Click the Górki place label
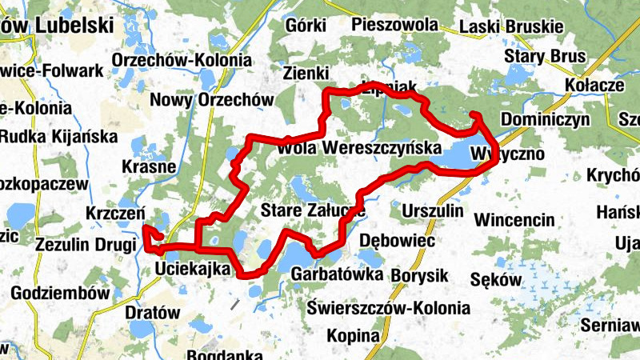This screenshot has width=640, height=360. click(309, 24)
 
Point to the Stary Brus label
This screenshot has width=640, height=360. click(546, 57)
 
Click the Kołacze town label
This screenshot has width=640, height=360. click(594, 86)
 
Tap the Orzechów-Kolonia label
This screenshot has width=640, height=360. click(182, 61)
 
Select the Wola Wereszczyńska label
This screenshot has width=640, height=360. click(359, 148)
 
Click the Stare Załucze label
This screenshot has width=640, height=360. click(313, 211)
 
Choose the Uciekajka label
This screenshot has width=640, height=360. click(193, 267)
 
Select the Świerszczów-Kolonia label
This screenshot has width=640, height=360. click(389, 307)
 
